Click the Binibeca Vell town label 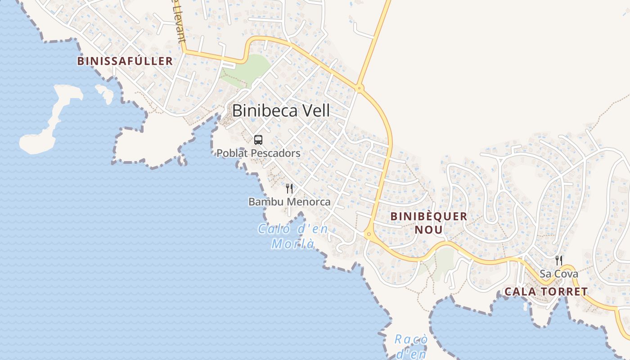click(x=281, y=111)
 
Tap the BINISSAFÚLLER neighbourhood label click(x=125, y=61)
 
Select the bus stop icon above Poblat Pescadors click(x=258, y=140)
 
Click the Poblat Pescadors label click(x=258, y=153)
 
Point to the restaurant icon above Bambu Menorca click(x=289, y=189)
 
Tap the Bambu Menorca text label click(x=289, y=202)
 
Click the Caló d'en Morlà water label click(x=293, y=236)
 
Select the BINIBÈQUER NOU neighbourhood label click(x=429, y=223)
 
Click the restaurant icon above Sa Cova click(x=558, y=260)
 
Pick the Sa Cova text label click(x=559, y=274)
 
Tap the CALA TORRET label click(x=546, y=292)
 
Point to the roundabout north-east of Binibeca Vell click(x=359, y=88)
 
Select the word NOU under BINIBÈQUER click(x=429, y=230)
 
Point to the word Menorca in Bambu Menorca click(x=308, y=202)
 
